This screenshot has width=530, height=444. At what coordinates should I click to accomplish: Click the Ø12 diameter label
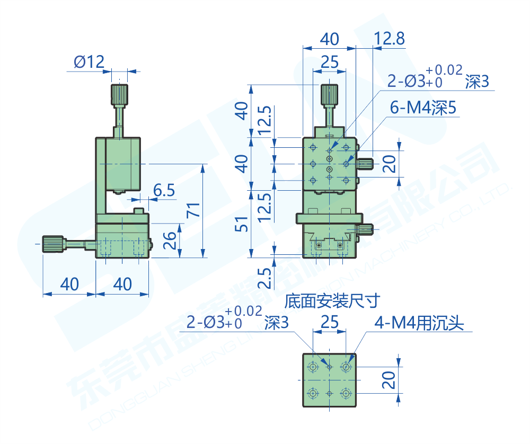point(89,63)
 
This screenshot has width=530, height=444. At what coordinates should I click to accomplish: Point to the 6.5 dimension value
point(164,190)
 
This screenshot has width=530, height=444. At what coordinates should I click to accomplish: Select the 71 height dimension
point(193,211)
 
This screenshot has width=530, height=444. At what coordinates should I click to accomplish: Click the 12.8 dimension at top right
point(389,38)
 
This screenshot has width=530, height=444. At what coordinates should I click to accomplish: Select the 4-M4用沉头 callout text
point(419,323)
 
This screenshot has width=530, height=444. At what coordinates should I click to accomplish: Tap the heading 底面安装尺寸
point(332,302)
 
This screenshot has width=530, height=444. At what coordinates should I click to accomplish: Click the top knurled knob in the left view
point(119,95)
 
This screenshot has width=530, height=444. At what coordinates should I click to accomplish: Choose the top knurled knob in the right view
point(330,95)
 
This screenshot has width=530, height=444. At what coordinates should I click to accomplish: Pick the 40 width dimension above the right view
point(329,39)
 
